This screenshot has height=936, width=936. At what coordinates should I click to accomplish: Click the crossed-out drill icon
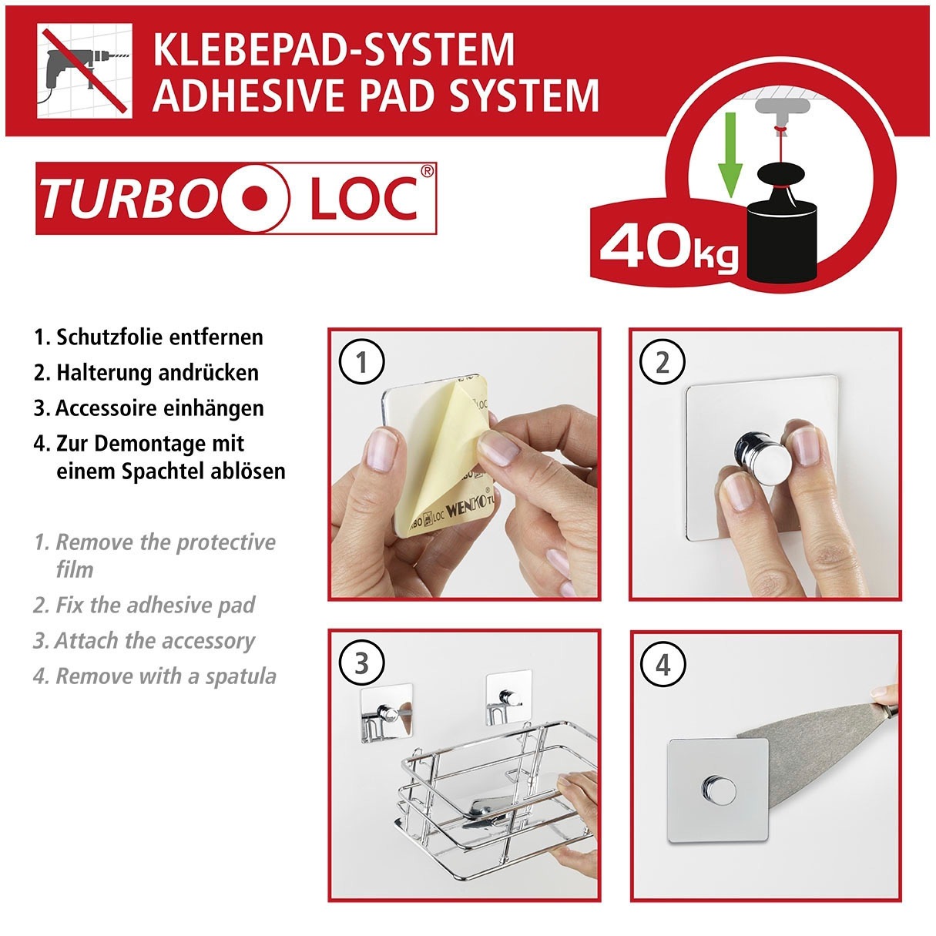[x=85, y=70]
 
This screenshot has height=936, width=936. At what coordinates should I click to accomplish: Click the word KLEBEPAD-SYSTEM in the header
[x=334, y=50]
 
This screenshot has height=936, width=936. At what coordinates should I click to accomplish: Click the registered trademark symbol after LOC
[x=427, y=171]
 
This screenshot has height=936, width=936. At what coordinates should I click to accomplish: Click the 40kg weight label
[x=667, y=247]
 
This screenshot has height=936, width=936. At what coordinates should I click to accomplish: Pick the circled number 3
[x=362, y=663]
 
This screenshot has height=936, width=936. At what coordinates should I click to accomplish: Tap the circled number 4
[x=663, y=663]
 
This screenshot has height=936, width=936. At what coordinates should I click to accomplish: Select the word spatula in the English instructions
[x=240, y=676]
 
